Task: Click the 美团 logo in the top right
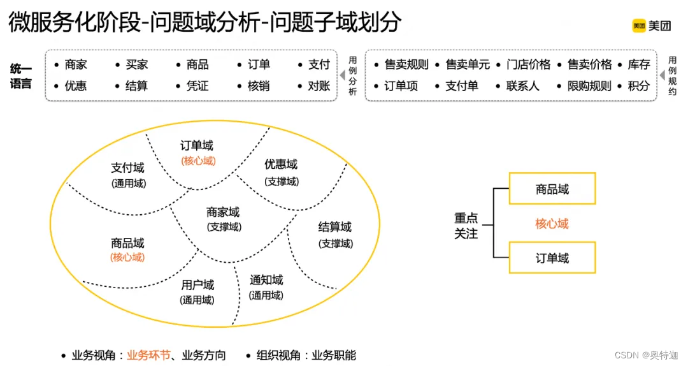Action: (651, 26)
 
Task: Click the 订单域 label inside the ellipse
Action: (197, 146)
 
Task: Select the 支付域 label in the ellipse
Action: (127, 168)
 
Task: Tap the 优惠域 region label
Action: (281, 165)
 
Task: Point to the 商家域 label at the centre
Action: (223, 212)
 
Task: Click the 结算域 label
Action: (335, 228)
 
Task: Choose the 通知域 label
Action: (266, 280)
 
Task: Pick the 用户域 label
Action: (197, 285)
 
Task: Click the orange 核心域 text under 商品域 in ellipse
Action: (127, 258)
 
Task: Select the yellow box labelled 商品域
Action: (552, 189)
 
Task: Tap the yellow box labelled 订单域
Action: (552, 258)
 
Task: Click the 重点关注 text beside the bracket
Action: (466, 226)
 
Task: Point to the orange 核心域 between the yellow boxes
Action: (552, 224)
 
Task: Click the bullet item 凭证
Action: (197, 85)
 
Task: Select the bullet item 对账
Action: (319, 85)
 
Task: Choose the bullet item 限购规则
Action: (589, 85)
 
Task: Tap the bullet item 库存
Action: (639, 64)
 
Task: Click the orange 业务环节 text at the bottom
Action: (149, 355)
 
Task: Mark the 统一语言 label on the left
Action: (21, 75)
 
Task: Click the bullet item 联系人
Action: (523, 85)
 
